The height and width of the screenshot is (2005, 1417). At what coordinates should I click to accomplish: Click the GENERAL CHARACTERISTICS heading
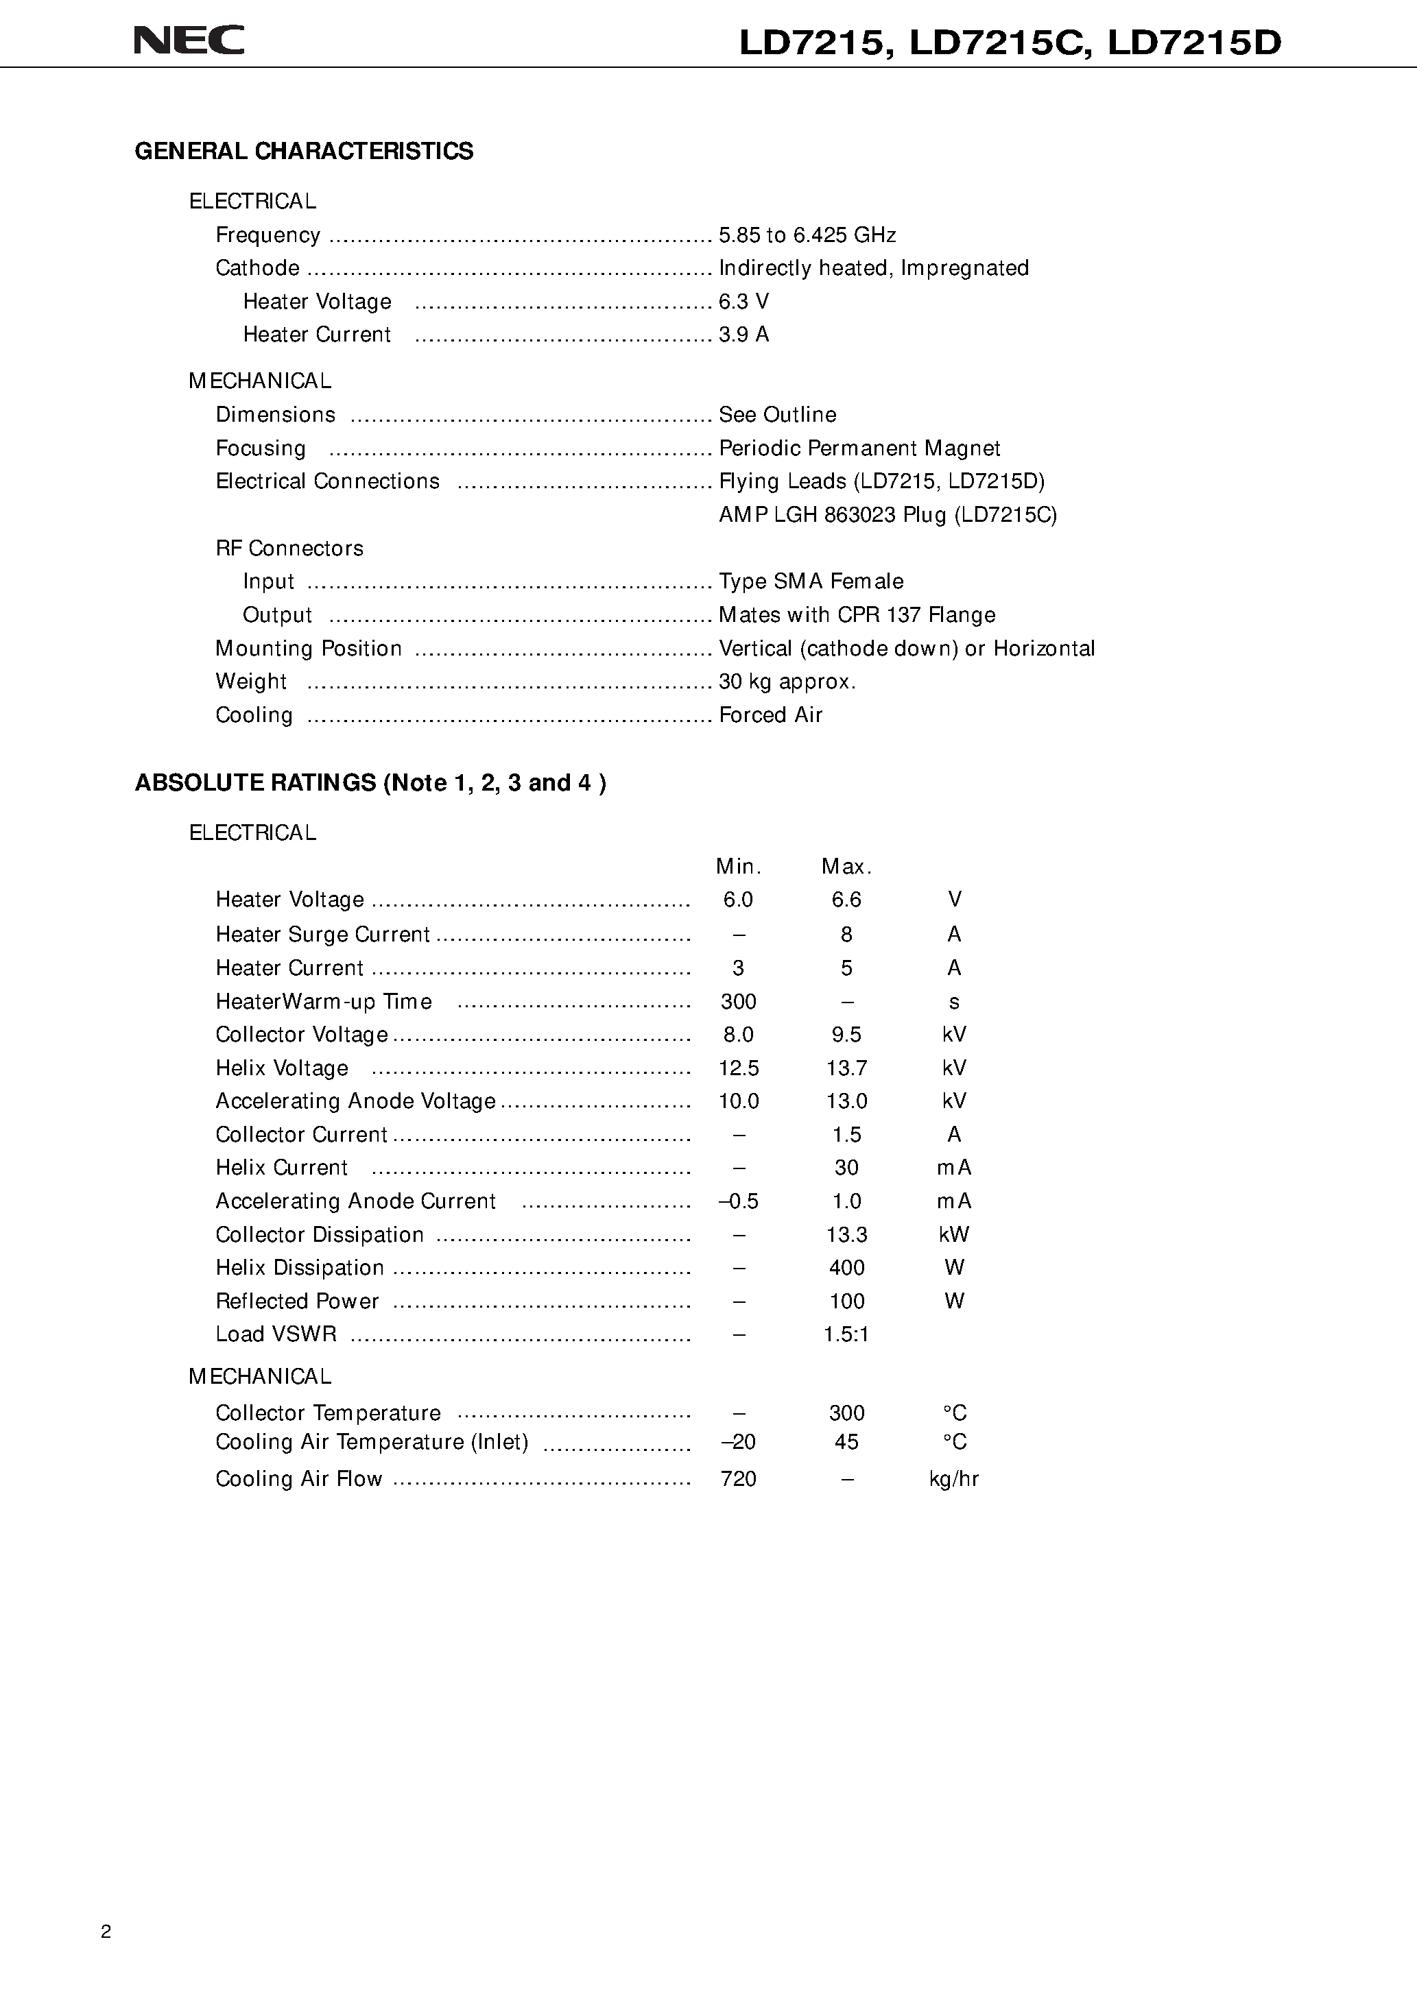tap(303, 151)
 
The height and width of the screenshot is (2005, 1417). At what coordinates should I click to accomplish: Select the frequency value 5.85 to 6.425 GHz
tap(807, 235)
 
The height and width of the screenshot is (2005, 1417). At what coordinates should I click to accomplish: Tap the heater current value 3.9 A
tap(743, 335)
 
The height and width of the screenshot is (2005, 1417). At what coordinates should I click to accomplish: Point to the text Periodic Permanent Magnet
tap(859, 448)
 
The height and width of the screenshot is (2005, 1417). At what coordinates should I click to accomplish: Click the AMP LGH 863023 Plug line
tap(888, 515)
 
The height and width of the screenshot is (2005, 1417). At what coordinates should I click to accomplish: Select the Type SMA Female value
tap(811, 581)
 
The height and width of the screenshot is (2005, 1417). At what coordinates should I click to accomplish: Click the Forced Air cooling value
tap(770, 715)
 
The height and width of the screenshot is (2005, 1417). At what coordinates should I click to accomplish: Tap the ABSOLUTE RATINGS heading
tap(370, 782)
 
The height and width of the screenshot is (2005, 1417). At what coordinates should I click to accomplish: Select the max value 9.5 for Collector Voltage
tap(846, 1035)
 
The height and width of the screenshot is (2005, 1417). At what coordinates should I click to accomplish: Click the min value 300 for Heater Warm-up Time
tap(738, 1002)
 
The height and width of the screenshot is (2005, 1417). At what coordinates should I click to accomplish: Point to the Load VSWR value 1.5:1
tap(846, 1334)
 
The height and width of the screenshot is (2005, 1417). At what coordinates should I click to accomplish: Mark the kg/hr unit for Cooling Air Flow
tap(954, 1478)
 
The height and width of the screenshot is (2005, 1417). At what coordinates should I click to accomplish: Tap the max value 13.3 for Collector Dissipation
tap(846, 1235)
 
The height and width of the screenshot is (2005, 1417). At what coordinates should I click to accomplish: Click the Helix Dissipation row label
tap(300, 1268)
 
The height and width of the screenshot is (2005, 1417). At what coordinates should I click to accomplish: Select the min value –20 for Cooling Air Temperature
tap(738, 1442)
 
